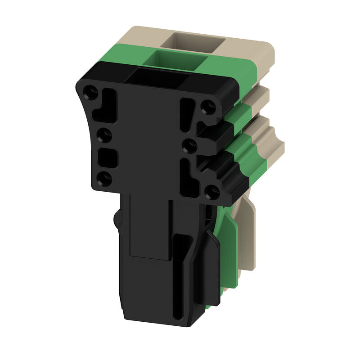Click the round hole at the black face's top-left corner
tap(91, 93)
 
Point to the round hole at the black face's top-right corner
tap(208, 107)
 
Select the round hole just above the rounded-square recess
tap(103, 134)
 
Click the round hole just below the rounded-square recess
tap(104, 179)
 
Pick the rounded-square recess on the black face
tap(107, 157)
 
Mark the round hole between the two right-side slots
tap(189, 145)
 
